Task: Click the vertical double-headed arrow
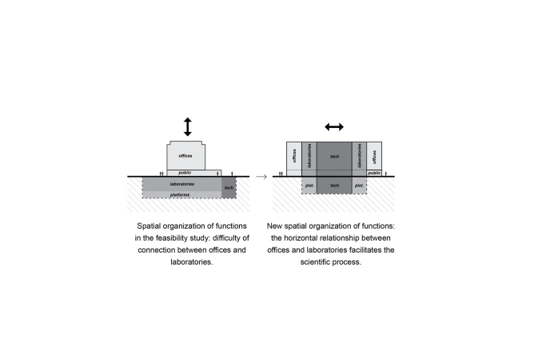pyautogui.click(x=188, y=127)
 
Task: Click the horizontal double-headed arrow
pyautogui.click(x=334, y=127)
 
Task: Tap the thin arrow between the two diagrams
pyautogui.click(x=261, y=176)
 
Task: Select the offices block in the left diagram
pyautogui.click(x=186, y=156)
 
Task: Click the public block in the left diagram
pyautogui.click(x=194, y=173)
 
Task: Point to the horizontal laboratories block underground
pyautogui.click(x=181, y=184)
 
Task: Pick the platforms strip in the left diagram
pyautogui.click(x=181, y=194)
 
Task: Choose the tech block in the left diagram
pyautogui.click(x=229, y=187)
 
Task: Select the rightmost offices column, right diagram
pyautogui.click(x=374, y=156)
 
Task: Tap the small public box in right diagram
pyautogui.click(x=374, y=173)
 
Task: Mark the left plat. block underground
pyautogui.click(x=309, y=186)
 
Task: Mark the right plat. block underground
pyautogui.click(x=359, y=186)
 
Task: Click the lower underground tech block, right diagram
pyautogui.click(x=334, y=186)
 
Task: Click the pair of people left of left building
pyautogui.click(x=161, y=174)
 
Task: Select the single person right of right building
pyautogui.click(x=386, y=174)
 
